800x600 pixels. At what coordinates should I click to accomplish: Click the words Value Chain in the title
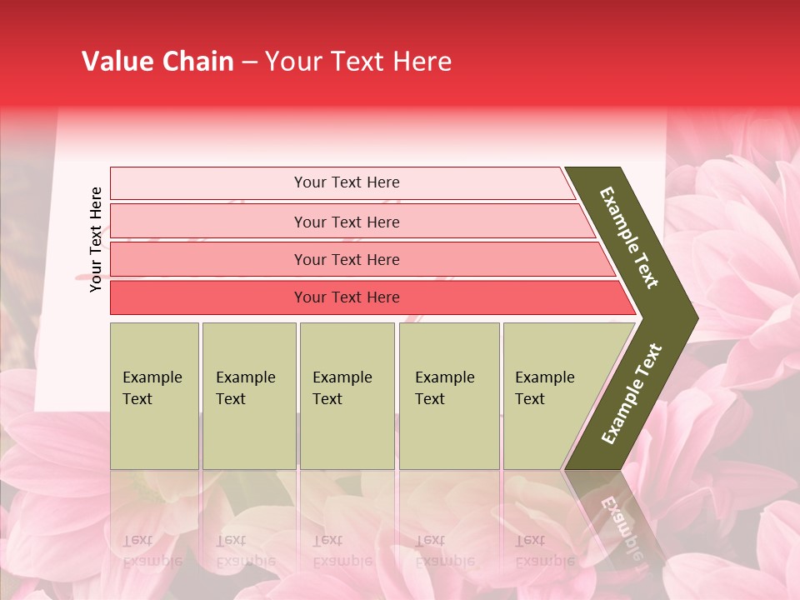pyautogui.click(x=157, y=62)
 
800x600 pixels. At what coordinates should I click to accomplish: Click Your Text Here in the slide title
pyautogui.click(x=358, y=62)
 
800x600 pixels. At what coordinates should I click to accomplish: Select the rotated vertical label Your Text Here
pyautogui.click(x=96, y=239)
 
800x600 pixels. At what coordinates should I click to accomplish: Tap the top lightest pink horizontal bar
pyautogui.click(x=208, y=183)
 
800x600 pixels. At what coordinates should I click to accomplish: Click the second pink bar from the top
pyautogui.click(x=208, y=222)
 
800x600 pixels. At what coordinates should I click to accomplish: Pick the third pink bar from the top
pyautogui.click(x=208, y=259)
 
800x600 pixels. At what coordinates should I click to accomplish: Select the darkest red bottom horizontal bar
pyautogui.click(x=208, y=297)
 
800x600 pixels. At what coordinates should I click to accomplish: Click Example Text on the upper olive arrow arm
pyautogui.click(x=629, y=237)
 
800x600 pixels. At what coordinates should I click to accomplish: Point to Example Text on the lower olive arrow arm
pyautogui.click(x=631, y=394)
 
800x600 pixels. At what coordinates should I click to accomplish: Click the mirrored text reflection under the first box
pyautogui.click(x=152, y=551)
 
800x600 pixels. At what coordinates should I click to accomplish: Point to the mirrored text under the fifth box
pyautogui.click(x=544, y=551)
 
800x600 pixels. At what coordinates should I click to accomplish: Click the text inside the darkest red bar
pyautogui.click(x=347, y=297)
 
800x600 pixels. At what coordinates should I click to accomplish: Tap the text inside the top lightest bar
pyautogui.click(x=347, y=182)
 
